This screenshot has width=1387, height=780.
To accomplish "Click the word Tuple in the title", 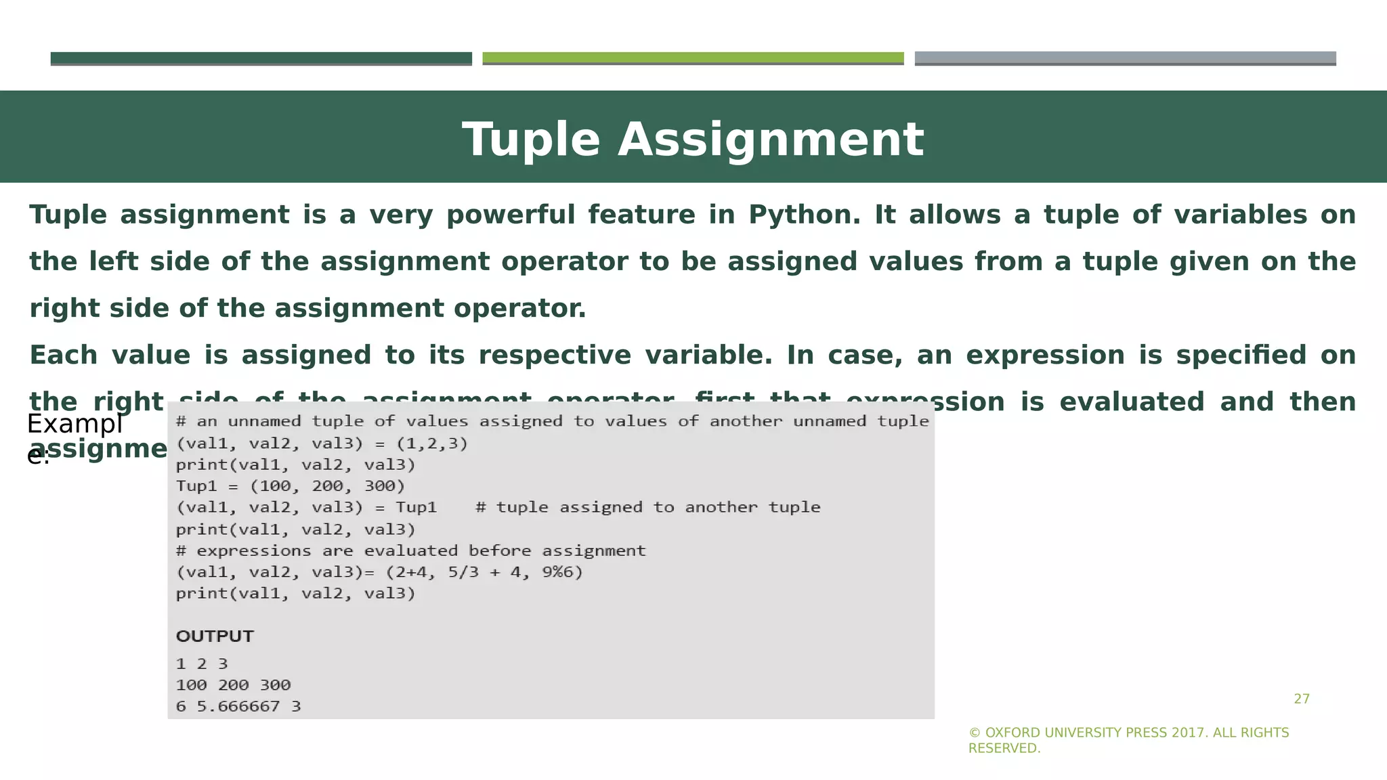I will pyautogui.click(x=531, y=140).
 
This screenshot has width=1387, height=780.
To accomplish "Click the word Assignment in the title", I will pyautogui.click(x=770, y=140).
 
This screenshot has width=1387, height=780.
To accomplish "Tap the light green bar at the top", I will pyautogui.click(x=693, y=58).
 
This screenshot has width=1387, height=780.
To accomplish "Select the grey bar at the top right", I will pyautogui.click(x=1125, y=58).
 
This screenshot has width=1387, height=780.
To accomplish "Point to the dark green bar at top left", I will pyautogui.click(x=261, y=58).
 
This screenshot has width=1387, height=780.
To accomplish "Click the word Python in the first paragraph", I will pyautogui.click(x=804, y=215).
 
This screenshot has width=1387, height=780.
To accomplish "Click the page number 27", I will pyautogui.click(x=1301, y=699).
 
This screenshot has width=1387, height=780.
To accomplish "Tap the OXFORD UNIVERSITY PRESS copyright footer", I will pyautogui.click(x=1128, y=740).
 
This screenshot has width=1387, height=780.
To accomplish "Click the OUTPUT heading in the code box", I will pyautogui.click(x=215, y=636).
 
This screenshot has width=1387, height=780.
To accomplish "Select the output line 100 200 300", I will pyautogui.click(x=233, y=685).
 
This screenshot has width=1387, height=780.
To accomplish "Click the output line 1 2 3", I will pyautogui.click(x=202, y=664).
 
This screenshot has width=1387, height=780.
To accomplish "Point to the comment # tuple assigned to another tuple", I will pyautogui.click(x=647, y=507).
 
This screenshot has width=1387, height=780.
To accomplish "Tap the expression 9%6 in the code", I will pyautogui.click(x=562, y=572).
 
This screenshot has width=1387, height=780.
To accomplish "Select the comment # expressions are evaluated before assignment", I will pyautogui.click(x=410, y=550).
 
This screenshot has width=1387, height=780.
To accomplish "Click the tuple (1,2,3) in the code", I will pyautogui.click(x=432, y=443).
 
